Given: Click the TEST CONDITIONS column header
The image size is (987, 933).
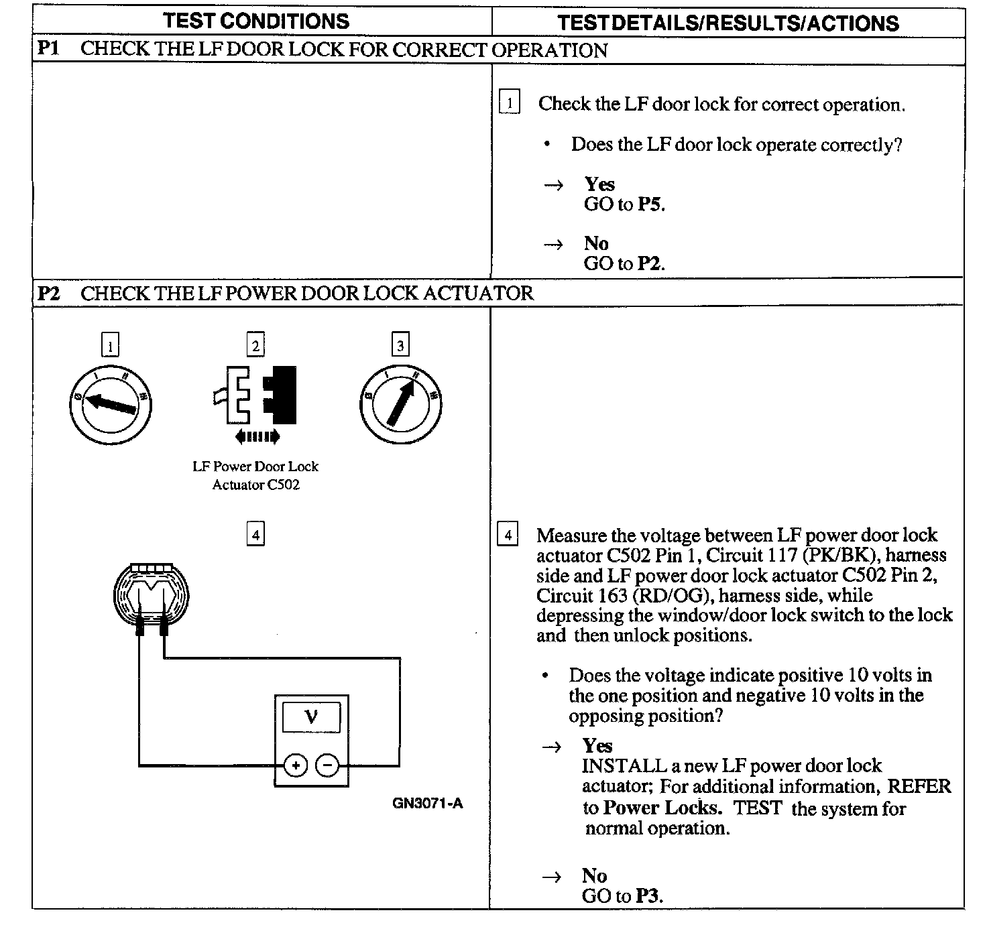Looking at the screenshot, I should click(x=256, y=21).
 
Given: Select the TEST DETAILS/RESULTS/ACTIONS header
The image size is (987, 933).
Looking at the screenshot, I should click(x=728, y=23).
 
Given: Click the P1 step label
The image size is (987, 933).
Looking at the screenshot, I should click(x=48, y=50).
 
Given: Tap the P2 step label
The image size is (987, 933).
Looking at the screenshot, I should click(x=49, y=293).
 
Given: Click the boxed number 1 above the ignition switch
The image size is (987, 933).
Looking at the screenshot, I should click(x=110, y=346).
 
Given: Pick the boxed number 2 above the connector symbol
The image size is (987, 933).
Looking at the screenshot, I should click(x=255, y=346).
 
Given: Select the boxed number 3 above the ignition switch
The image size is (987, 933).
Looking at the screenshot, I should click(x=400, y=346).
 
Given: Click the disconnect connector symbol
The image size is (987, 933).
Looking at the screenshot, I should click(x=258, y=395).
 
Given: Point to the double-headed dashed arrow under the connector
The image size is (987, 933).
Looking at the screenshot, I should click(x=257, y=438).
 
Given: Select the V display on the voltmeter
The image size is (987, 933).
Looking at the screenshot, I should click(x=311, y=718).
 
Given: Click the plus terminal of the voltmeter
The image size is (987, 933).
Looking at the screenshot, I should click(x=295, y=765).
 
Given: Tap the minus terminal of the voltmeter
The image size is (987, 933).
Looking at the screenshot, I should click(x=327, y=765).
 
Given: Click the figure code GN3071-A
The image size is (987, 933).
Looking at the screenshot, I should click(x=428, y=804).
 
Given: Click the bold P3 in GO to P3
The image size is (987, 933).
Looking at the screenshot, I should click(x=648, y=896).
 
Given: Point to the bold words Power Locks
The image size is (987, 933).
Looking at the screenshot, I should click(x=662, y=808).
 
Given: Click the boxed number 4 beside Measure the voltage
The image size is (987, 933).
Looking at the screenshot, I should click(x=508, y=536).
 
